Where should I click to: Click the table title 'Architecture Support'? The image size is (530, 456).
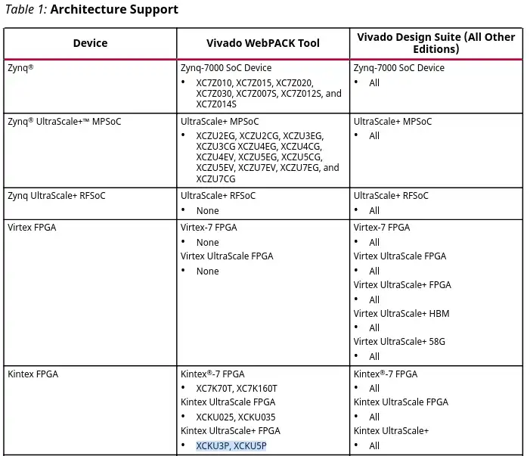[x=114, y=10]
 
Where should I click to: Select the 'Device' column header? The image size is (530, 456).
[x=90, y=43]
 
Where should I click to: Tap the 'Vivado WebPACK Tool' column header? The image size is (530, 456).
[x=263, y=43]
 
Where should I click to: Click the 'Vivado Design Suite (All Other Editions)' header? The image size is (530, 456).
[x=435, y=43]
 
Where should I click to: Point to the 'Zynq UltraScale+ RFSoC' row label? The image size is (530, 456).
[x=57, y=196]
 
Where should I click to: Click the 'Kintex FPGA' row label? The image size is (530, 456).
[x=33, y=374]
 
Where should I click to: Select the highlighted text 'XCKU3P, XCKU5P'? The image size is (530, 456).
[x=231, y=446]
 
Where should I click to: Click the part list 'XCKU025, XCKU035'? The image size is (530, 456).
[x=236, y=417]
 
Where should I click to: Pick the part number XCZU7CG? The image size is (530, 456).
[x=215, y=179]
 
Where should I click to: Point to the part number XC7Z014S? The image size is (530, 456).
[x=216, y=104]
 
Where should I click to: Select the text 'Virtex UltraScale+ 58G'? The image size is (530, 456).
[x=399, y=342]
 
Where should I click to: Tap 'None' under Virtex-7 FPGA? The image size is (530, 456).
[x=207, y=243]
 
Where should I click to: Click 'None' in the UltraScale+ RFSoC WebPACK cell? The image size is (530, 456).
[x=207, y=211]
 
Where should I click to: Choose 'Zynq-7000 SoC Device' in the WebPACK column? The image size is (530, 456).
[x=226, y=68]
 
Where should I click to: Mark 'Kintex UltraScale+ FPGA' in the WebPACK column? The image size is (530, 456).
[x=230, y=431]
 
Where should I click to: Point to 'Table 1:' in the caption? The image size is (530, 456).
[x=25, y=10]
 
